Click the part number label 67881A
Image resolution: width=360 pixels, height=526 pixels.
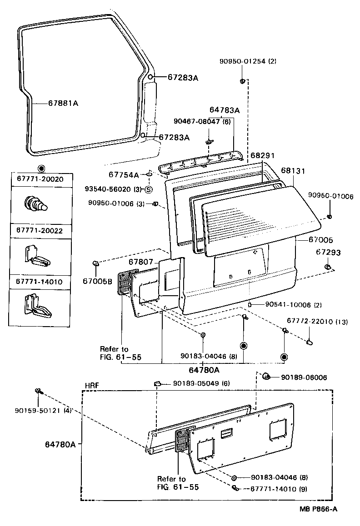coord(63,103)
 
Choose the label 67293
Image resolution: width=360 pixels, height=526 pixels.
coord(328,252)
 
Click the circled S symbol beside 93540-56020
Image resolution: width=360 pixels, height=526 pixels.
coord(149,189)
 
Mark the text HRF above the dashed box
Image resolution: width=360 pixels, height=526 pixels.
coord(92,385)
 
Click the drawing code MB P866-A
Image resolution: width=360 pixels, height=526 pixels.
coord(318,509)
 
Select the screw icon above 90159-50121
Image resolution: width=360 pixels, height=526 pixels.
coord(38,391)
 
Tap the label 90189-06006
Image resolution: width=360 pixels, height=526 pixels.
coord(304,377)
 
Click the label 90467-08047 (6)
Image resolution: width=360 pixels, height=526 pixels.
coord(202,121)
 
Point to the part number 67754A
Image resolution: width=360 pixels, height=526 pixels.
coord(124,174)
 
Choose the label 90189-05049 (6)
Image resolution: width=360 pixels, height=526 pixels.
coord(201,383)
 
